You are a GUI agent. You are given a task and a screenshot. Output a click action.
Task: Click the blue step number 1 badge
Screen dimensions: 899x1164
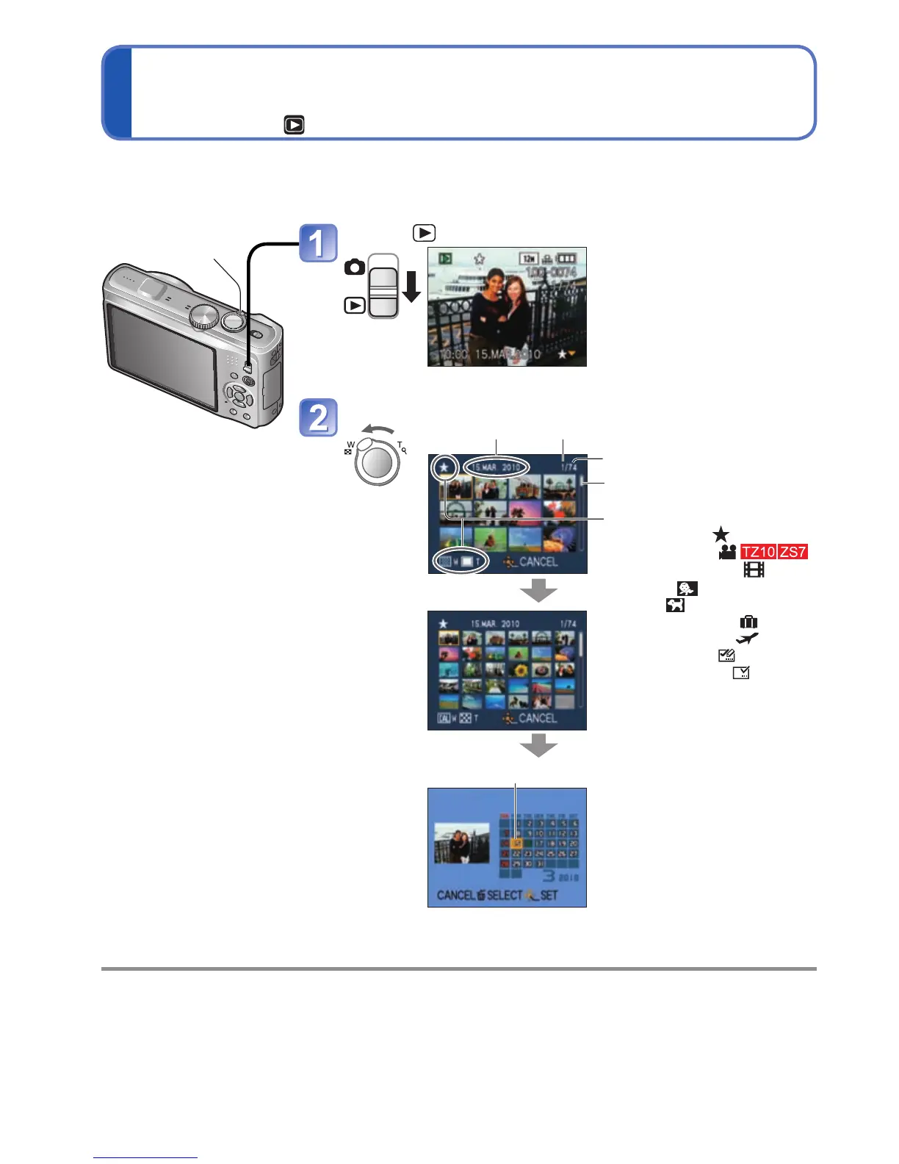(x=318, y=243)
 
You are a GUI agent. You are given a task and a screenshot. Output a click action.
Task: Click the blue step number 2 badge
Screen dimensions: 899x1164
(x=318, y=417)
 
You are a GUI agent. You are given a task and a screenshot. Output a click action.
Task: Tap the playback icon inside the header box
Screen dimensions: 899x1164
(x=295, y=125)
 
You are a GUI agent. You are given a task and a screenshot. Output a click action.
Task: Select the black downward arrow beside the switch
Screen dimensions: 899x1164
(x=411, y=286)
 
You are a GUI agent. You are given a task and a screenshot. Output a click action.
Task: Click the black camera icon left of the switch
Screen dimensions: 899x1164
(x=355, y=267)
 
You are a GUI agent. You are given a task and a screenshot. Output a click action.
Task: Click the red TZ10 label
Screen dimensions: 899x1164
(x=758, y=552)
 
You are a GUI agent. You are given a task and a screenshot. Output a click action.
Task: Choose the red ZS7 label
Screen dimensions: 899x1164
(x=793, y=552)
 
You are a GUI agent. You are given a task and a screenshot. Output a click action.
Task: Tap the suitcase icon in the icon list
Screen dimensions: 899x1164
(x=748, y=622)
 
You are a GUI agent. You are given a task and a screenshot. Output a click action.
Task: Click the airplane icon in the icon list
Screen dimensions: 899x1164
(x=747, y=639)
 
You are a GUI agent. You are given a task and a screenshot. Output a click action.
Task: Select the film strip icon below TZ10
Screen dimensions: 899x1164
(x=754, y=570)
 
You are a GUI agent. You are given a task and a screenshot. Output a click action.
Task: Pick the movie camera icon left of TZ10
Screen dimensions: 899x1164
(x=727, y=552)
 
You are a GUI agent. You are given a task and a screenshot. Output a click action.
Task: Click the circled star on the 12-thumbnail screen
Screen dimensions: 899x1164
(x=444, y=467)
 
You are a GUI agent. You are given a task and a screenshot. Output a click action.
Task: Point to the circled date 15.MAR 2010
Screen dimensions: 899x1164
(x=496, y=467)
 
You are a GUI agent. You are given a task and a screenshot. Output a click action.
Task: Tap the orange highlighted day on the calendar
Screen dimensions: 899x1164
(x=516, y=843)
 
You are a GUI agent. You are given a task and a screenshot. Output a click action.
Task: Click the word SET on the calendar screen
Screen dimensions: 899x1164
(x=549, y=895)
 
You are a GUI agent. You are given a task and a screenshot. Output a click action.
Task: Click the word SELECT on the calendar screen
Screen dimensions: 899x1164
(x=504, y=895)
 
